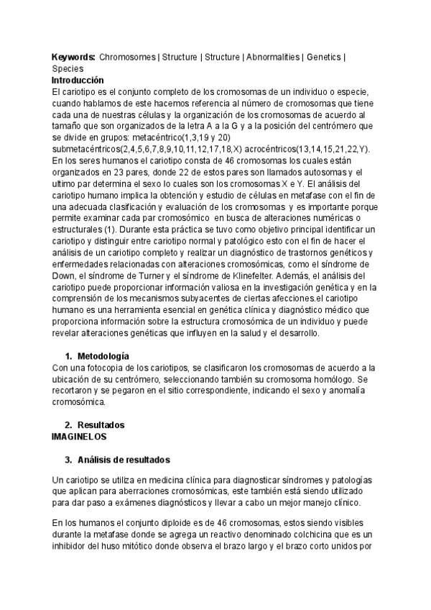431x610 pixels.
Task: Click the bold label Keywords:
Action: pos(74,56)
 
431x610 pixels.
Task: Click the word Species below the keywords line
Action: pos(68,68)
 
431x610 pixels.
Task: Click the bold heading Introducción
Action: pos(78,80)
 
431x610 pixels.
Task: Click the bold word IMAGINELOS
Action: pos(80,437)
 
